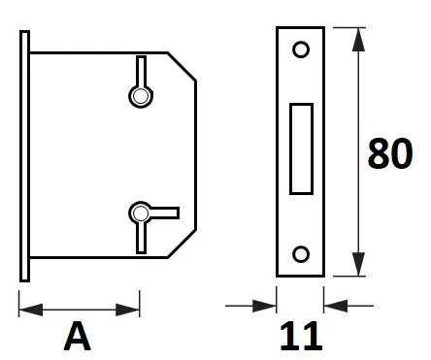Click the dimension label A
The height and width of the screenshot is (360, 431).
coord(78,337)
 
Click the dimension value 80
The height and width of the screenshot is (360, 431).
coord(390,153)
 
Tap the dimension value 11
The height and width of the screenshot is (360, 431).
coord(301,337)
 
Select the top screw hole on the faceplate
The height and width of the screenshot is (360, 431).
coord(301,49)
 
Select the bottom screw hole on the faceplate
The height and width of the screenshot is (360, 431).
coord(301,254)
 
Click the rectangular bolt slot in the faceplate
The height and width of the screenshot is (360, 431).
coord(301,148)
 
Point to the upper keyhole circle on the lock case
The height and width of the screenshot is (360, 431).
coord(141,96)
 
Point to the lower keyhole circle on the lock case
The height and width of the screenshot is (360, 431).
coord(141,213)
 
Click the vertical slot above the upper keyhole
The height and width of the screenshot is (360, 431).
coord(141,71)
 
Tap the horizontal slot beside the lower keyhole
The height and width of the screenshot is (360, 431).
coord(164,213)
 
